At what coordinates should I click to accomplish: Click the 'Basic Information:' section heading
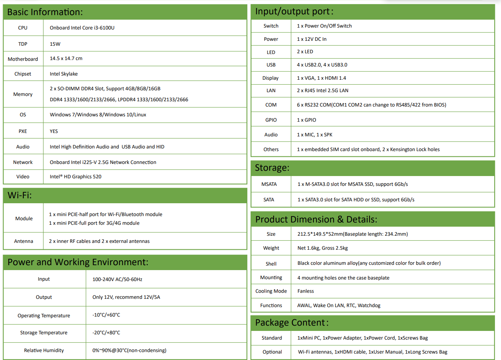point(45,12)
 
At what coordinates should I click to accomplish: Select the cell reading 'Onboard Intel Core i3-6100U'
point(82,28)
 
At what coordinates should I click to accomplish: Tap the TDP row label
point(23,44)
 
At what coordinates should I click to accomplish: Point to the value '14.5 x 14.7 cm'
point(66,59)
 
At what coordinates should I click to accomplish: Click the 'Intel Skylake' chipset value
point(64,74)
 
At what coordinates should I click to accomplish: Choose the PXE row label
point(23,131)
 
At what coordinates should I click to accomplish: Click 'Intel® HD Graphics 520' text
point(76,177)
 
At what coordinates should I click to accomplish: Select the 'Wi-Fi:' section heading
point(20,195)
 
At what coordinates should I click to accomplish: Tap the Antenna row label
point(23,241)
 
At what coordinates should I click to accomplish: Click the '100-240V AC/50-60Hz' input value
point(117,280)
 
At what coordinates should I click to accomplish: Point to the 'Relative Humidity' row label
point(44,351)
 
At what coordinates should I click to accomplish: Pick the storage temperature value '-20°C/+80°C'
point(106,333)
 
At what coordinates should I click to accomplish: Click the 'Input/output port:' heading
point(294,12)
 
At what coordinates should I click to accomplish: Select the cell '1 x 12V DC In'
point(311,39)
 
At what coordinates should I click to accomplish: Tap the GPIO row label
point(271,120)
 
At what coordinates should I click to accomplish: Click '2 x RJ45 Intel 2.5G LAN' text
point(322,91)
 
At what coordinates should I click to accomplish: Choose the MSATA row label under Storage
point(269,184)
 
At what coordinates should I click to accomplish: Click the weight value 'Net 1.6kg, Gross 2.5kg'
point(322,248)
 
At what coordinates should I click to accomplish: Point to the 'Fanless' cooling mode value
point(305,291)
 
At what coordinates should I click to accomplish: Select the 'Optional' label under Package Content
point(272,352)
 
